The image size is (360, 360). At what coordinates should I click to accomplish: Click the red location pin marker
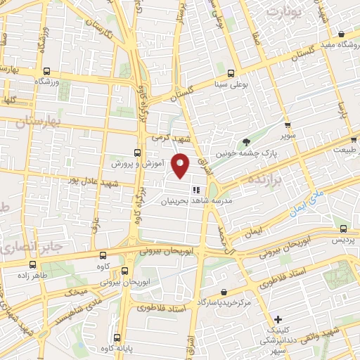[x=181, y=166]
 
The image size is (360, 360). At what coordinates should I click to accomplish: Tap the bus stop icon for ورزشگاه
[x=47, y=71]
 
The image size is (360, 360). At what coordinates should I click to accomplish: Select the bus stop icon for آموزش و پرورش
[x=136, y=152]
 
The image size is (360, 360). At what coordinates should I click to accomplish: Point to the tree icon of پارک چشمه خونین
[x=245, y=143]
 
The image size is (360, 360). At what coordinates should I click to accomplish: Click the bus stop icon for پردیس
[x=342, y=229]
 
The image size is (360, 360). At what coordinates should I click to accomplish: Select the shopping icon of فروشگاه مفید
[x=341, y=34]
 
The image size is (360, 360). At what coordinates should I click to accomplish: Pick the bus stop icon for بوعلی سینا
[x=231, y=73]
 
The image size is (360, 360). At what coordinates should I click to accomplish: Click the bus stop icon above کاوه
[x=103, y=255]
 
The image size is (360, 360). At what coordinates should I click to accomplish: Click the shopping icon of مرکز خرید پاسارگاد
[x=224, y=292]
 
